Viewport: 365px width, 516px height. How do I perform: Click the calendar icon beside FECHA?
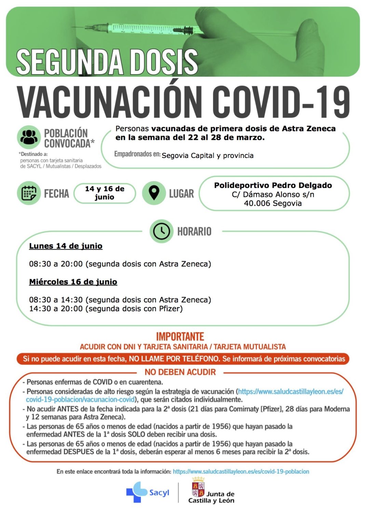[29, 193]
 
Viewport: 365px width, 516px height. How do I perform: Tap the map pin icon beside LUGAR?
[154, 193]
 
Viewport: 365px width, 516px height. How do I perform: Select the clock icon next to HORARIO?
[161, 231]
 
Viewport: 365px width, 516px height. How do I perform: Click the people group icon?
[29, 137]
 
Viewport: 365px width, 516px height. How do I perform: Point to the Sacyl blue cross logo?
[137, 492]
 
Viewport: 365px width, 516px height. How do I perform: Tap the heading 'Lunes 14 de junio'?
[66, 246]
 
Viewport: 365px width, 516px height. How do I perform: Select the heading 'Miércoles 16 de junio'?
[73, 282]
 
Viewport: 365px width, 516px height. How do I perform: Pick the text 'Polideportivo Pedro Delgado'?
[273, 185]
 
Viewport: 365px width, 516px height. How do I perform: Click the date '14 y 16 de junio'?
[105, 193]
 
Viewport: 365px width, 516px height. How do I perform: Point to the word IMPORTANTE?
[180, 337]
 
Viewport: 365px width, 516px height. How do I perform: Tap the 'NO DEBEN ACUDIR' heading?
[180, 372]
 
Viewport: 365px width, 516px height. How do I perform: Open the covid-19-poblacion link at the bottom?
[241, 471]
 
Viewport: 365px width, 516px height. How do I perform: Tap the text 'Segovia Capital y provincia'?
[207, 156]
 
